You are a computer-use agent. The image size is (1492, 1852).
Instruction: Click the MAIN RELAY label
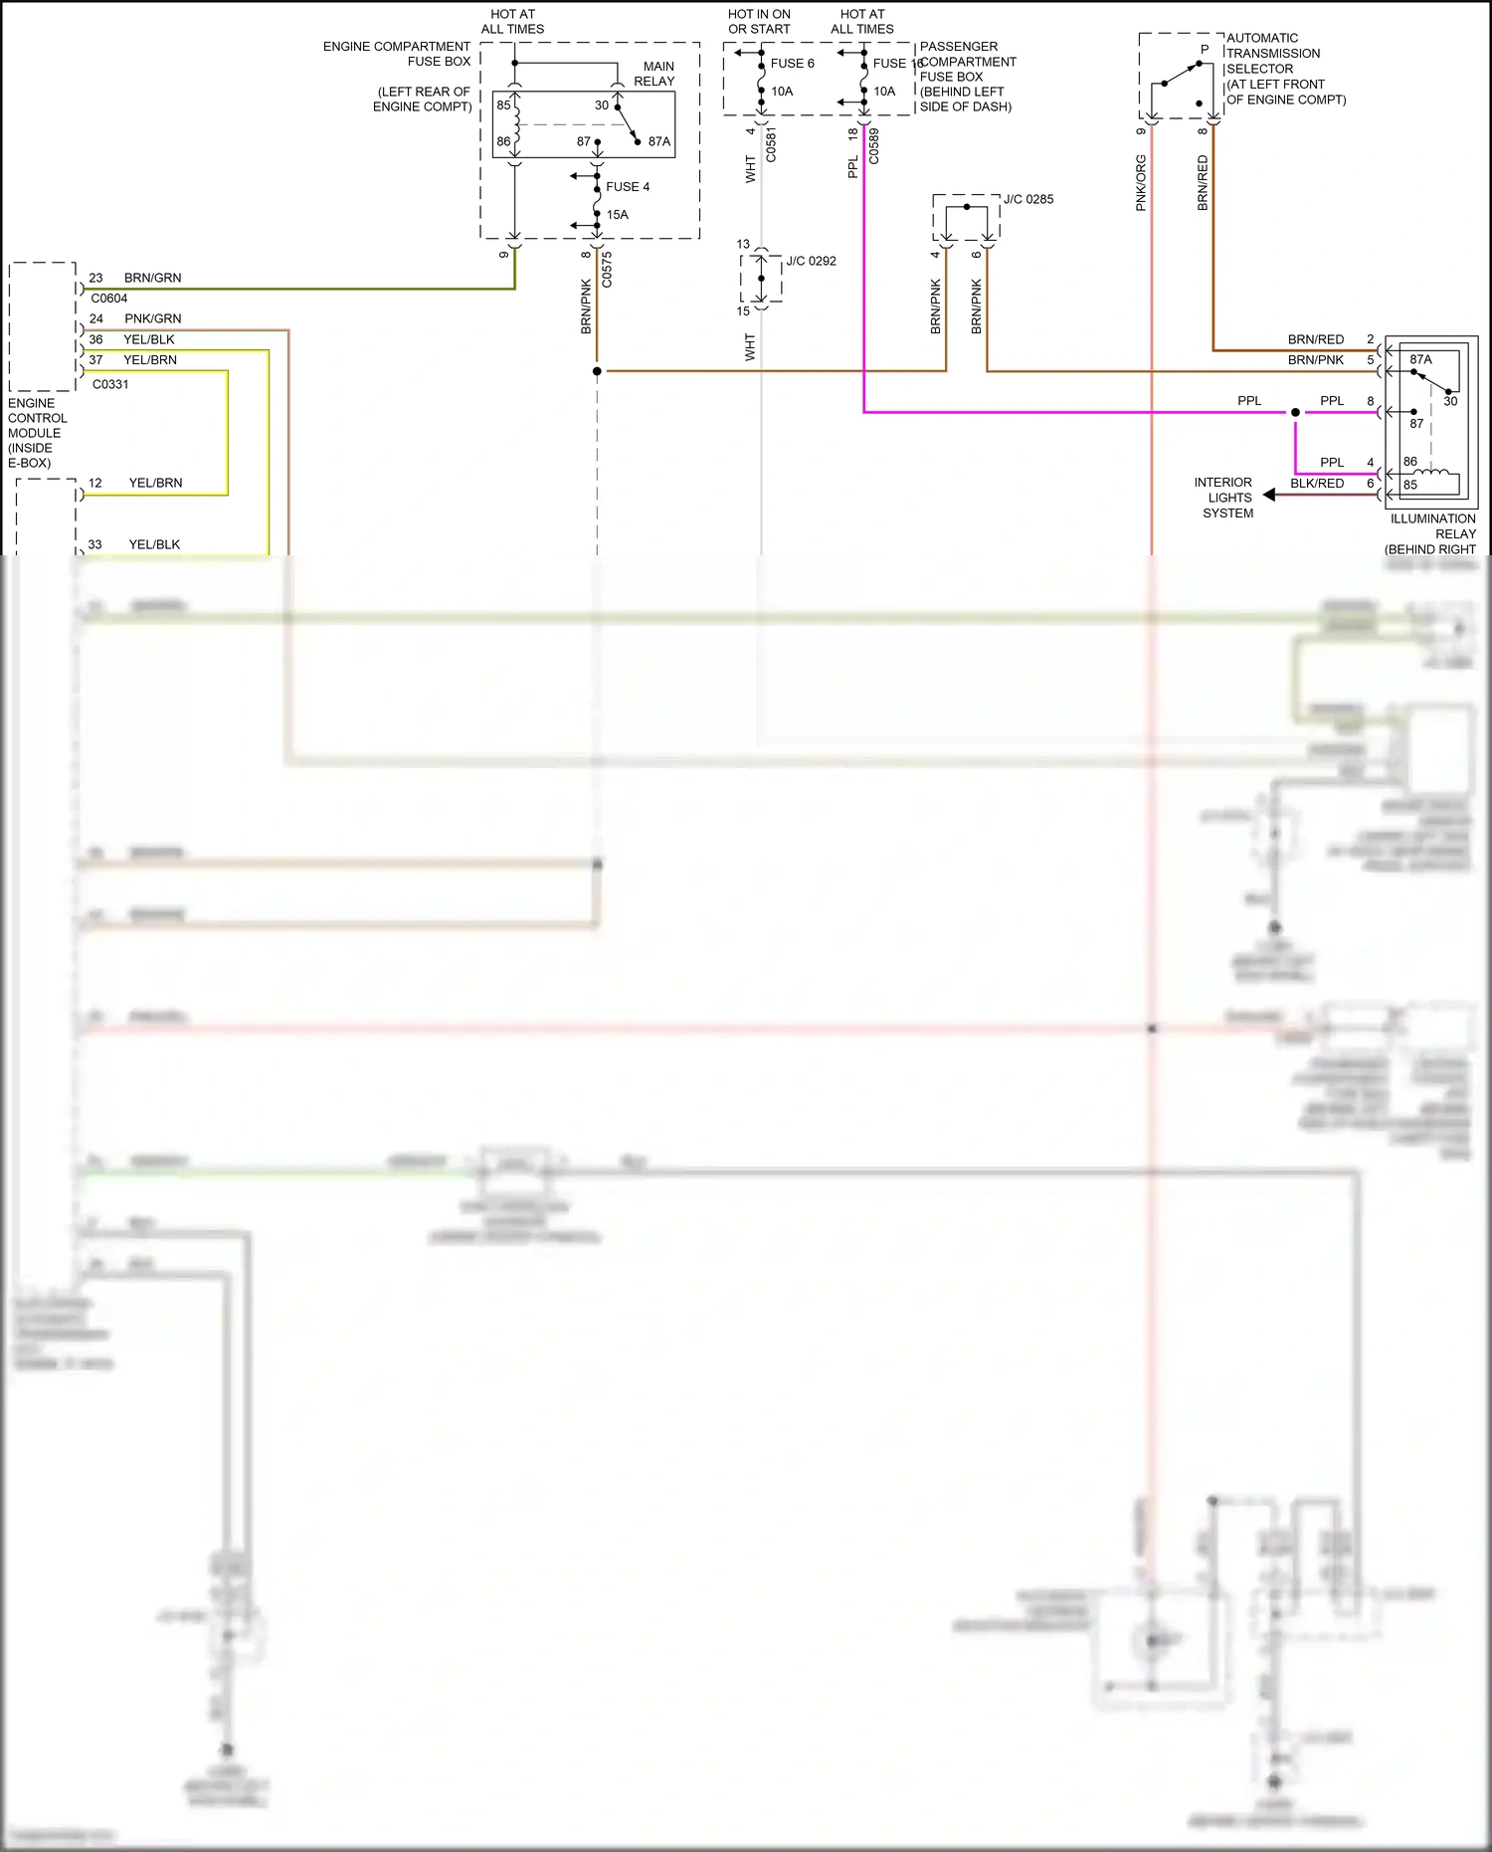653,74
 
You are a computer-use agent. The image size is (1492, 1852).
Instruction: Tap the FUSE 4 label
627,187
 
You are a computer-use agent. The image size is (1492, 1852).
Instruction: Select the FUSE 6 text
792,64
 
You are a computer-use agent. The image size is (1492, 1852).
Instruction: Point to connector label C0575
607,270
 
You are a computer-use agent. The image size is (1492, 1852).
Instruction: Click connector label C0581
771,145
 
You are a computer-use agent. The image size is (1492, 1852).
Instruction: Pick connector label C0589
873,146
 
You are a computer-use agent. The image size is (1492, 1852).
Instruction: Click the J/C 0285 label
1027,199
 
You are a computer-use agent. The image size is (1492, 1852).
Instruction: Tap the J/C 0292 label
811,262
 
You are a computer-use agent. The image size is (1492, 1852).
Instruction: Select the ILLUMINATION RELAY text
1432,526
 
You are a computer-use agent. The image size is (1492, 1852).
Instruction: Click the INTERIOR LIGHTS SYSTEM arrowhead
1269,495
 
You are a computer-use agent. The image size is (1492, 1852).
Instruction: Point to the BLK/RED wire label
1316,484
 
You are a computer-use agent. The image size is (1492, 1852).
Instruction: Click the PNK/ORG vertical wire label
1141,183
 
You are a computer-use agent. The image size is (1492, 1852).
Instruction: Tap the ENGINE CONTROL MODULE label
37,433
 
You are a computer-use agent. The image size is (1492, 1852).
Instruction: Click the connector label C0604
109,299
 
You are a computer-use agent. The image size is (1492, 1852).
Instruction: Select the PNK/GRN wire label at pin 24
152,318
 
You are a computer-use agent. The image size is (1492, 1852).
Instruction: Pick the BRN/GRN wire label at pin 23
152,278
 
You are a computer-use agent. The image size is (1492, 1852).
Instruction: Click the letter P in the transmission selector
1205,50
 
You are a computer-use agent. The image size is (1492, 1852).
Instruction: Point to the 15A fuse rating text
617,215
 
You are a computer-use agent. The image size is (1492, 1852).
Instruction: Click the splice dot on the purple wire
1295,412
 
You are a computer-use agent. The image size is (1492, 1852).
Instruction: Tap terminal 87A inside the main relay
658,142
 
